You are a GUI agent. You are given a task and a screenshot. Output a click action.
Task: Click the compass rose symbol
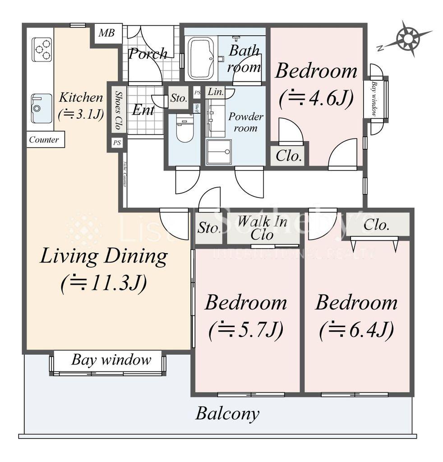tap(408, 38)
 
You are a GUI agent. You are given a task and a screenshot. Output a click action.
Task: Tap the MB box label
tap(107, 33)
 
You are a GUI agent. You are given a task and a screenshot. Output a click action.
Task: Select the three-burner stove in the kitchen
tap(42, 49)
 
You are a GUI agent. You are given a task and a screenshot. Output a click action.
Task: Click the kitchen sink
tap(42, 108)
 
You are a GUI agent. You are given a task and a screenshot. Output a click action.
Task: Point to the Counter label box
tap(44, 139)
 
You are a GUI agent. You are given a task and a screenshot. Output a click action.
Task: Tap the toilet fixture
tap(184, 128)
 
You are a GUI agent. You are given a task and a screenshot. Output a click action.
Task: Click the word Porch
tap(148, 54)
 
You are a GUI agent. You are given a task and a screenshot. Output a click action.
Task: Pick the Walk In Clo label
tap(262, 228)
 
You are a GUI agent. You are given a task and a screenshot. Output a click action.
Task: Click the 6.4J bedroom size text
tap(356, 330)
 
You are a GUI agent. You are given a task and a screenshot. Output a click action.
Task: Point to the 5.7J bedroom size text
tap(246, 330)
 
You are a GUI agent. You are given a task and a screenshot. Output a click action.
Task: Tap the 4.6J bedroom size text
tap(316, 98)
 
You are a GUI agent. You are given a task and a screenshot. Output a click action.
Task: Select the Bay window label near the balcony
tap(111, 360)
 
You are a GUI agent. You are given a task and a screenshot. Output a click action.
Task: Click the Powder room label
tap(245, 122)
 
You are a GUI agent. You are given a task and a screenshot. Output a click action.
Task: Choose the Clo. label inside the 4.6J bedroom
tap(289, 156)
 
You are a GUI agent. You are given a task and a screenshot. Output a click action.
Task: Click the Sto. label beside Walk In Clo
tap(208, 228)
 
